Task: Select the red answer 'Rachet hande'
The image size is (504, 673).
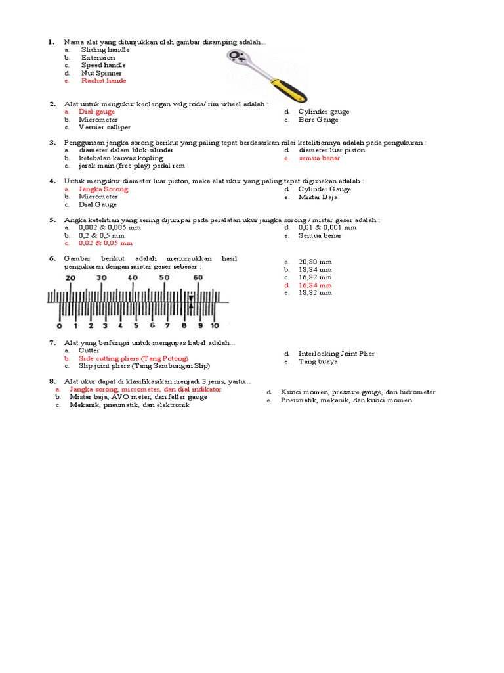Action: [x=103, y=81]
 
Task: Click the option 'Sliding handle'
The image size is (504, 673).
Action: [x=105, y=49]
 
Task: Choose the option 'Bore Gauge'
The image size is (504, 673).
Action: [x=318, y=120]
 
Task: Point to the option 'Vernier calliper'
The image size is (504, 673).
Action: [x=104, y=128]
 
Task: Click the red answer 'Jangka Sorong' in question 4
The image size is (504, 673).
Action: [x=103, y=189]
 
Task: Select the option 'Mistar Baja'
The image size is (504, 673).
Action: [x=318, y=197]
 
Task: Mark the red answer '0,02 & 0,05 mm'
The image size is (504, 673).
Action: [x=106, y=243]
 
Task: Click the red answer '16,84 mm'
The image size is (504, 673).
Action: [x=315, y=285]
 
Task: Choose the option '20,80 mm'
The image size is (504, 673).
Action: [x=315, y=262]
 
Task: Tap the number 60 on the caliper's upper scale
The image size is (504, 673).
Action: [x=196, y=278]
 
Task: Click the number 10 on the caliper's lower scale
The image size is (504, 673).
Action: [x=214, y=325]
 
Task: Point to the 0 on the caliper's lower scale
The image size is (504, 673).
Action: [x=59, y=325]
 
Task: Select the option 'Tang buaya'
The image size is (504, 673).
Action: [x=318, y=361]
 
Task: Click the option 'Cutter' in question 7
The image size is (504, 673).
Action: [x=89, y=350]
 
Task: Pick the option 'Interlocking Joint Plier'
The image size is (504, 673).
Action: [x=336, y=354]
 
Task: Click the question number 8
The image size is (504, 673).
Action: [x=51, y=381]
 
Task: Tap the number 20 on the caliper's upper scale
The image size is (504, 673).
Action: [x=70, y=278]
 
